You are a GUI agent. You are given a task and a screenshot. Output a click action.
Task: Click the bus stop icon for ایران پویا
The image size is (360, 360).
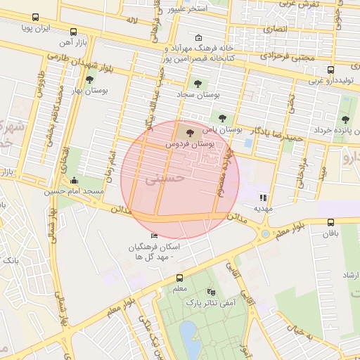pos(36,18)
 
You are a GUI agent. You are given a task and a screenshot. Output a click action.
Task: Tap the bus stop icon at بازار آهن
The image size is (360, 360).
pos(74,32)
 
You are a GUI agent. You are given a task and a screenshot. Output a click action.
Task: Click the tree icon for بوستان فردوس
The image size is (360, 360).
pos(188,131)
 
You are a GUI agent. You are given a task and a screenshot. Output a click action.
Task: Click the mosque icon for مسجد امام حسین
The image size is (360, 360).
pos(75,181)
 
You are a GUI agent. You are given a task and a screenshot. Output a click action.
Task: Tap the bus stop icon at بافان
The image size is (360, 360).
pos(330,222)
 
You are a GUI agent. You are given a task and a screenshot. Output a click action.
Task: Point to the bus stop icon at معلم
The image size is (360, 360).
pos(179,278)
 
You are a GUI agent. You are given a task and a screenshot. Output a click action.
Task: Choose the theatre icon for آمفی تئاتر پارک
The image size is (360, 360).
pos(210,292)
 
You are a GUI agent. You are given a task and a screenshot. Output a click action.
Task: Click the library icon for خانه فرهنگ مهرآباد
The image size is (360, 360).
pos(198,38)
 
